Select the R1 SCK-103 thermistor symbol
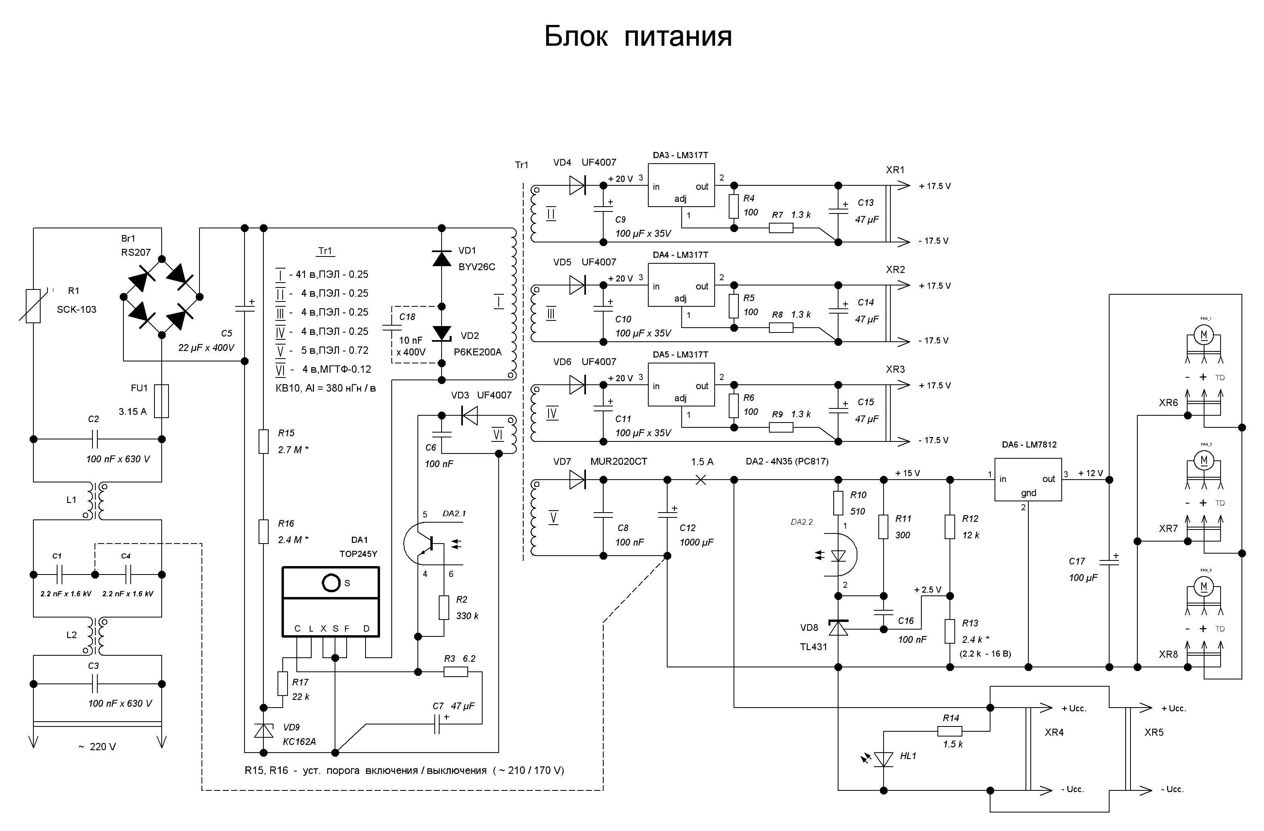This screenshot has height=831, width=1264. click(33, 306)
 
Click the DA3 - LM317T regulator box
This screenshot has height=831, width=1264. click(681, 185)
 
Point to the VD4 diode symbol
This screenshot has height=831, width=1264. click(577, 185)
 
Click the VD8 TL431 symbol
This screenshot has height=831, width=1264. click(838, 628)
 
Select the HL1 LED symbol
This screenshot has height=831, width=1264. click(883, 759)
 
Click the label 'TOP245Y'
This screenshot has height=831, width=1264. click(358, 554)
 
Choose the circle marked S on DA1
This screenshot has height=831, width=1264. click(331, 583)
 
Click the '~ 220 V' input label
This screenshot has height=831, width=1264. click(97, 747)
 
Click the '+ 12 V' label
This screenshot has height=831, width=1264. click(1090, 473)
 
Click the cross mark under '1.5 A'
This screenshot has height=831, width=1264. click(701, 480)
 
